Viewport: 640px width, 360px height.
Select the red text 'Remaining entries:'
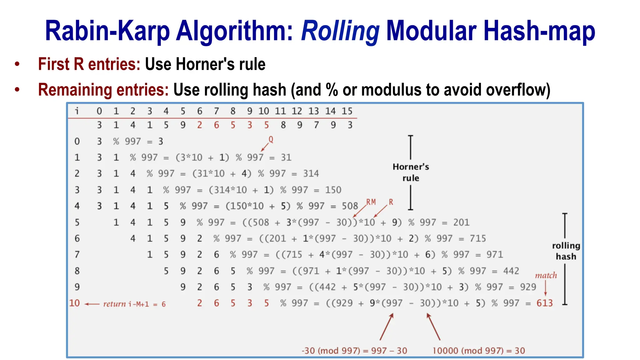click(x=103, y=90)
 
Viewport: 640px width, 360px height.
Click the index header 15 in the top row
click(x=347, y=111)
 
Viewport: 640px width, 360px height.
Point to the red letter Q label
click(x=271, y=140)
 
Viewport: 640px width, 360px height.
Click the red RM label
click(x=371, y=202)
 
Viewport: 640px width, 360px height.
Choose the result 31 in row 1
click(x=286, y=157)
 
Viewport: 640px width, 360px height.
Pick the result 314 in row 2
click(x=311, y=174)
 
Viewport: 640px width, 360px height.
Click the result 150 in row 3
click(x=333, y=190)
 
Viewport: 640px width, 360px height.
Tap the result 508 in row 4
click(x=350, y=206)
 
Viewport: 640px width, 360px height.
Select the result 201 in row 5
click(x=461, y=222)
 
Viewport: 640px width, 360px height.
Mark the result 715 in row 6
click(x=478, y=239)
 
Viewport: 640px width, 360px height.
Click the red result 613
click(x=544, y=303)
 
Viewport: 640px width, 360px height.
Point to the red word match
click(x=546, y=276)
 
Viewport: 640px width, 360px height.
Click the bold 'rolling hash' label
click(x=566, y=251)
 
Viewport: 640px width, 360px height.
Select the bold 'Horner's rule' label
click(x=411, y=172)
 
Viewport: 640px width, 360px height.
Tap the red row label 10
click(x=74, y=303)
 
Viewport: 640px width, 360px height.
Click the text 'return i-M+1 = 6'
click(x=134, y=304)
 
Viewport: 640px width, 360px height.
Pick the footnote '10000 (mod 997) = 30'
click(x=478, y=351)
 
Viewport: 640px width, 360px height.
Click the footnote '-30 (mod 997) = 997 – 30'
click(x=354, y=351)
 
